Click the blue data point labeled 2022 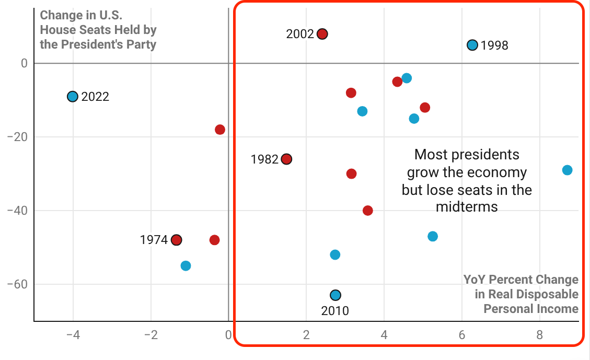pos(73,97)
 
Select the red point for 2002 pos(322,34)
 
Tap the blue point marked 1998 pos(472,45)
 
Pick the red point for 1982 pos(286,159)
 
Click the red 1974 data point pos(177,240)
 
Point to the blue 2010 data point pos(336,295)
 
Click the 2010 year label pos(335,311)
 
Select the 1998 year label pos(494,45)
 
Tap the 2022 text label pos(95,97)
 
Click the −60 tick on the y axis pos(18,285)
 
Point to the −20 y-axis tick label pos(18,137)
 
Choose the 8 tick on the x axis pos(540,335)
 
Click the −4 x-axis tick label pos(73,335)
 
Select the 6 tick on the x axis pos(462,335)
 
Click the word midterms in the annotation pos(467,207)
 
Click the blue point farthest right pos(567,170)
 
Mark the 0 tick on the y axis pos(24,63)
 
